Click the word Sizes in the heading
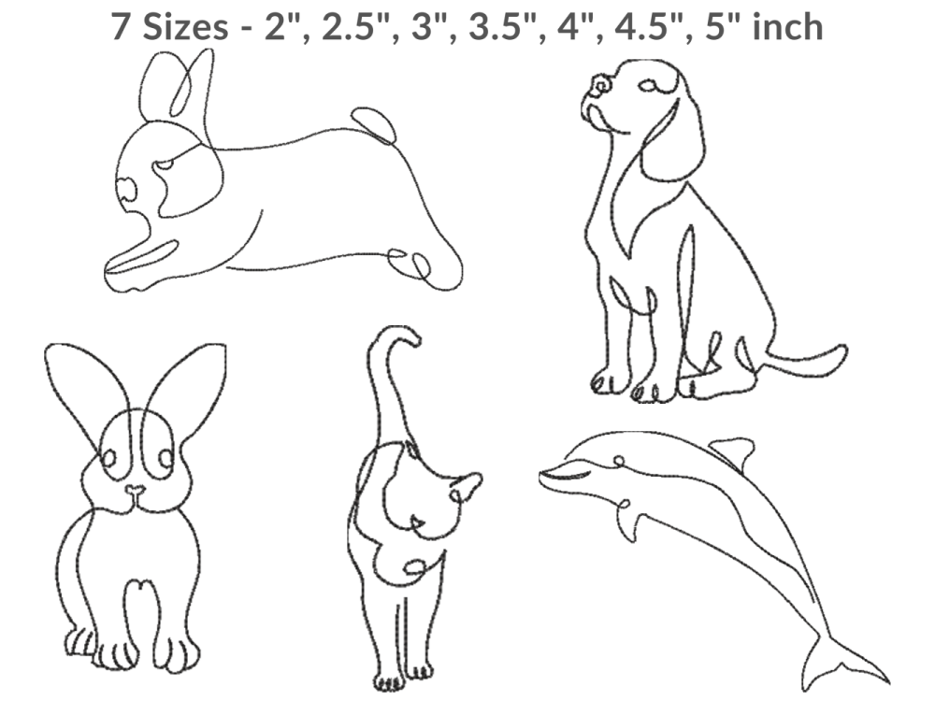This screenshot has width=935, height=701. point(185,27)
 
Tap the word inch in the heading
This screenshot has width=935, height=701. point(787,27)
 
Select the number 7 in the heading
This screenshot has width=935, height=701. point(120,27)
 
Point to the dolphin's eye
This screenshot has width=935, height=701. point(619,460)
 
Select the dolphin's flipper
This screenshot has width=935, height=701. point(628,521)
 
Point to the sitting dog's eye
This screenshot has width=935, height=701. point(648,86)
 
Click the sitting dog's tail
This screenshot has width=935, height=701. point(805,362)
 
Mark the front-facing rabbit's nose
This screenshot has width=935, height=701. point(135,492)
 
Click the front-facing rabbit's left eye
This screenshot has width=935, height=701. point(108,458)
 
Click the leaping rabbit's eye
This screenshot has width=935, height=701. point(165,164)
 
